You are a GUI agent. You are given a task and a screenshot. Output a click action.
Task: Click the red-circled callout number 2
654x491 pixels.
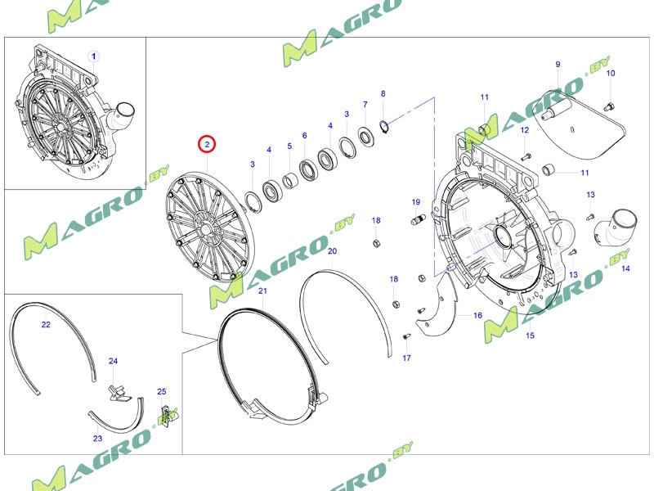click(x=207, y=145)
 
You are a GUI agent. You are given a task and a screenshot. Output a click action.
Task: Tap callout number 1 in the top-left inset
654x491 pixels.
click(x=94, y=56)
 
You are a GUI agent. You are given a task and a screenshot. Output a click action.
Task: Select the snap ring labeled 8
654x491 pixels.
click(x=384, y=125)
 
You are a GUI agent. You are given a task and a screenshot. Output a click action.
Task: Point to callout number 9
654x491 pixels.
click(x=558, y=65)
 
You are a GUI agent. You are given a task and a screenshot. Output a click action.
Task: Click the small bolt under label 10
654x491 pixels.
click(x=609, y=107)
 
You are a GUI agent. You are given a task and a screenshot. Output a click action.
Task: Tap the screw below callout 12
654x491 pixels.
click(x=526, y=157)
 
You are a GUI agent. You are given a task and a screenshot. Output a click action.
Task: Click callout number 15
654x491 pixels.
click(x=530, y=336)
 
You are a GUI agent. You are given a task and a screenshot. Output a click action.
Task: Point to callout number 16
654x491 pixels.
click(x=478, y=315)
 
